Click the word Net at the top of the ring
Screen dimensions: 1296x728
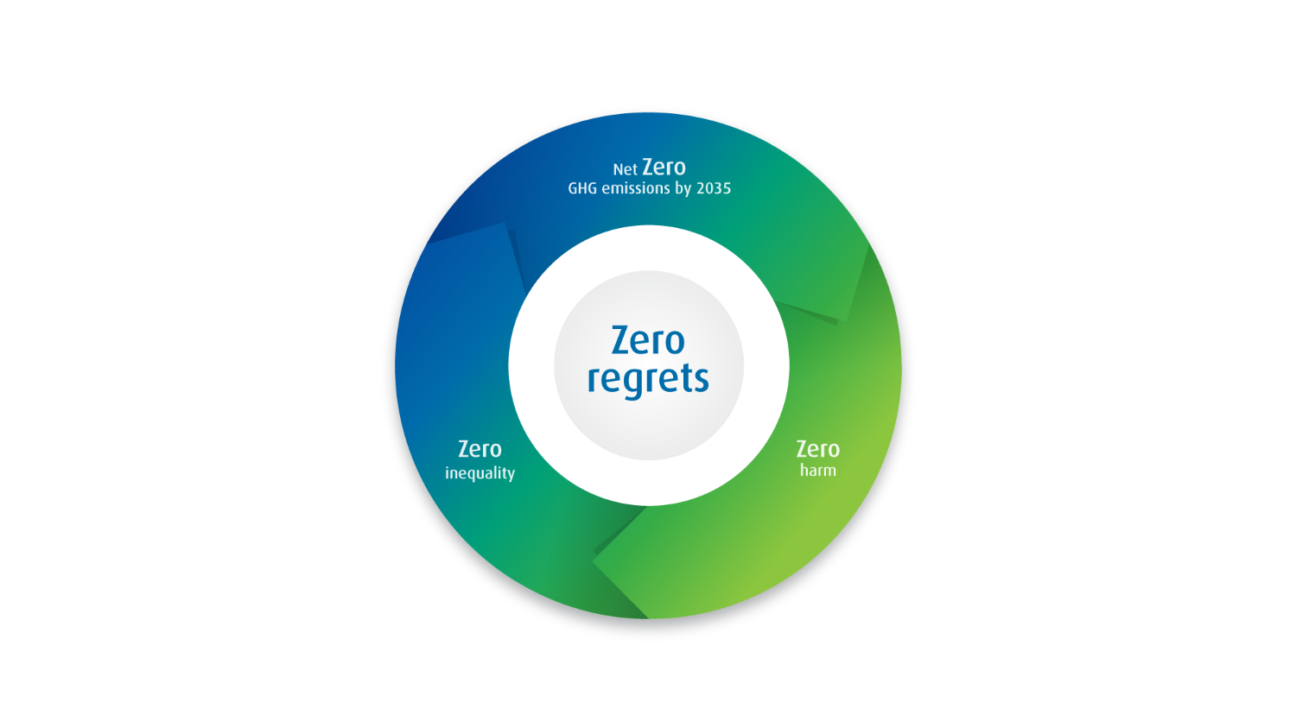click(x=625, y=169)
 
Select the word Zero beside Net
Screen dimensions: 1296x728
click(x=664, y=168)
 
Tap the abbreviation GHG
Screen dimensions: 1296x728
click(x=582, y=188)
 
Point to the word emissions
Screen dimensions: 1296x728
click(x=636, y=188)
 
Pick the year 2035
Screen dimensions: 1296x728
click(x=714, y=188)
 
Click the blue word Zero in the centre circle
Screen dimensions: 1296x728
click(x=648, y=340)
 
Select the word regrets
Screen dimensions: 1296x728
click(x=648, y=379)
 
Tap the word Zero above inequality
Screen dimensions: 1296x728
click(x=480, y=449)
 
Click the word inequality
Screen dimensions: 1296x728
click(x=480, y=473)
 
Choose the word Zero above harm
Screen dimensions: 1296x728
click(x=817, y=449)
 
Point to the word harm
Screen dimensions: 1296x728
click(x=817, y=470)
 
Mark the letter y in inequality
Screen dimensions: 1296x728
click(x=510, y=475)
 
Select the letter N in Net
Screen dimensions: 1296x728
click(x=618, y=169)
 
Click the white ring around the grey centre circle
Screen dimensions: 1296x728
click(x=648, y=249)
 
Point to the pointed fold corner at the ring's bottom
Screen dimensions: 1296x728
click(x=594, y=560)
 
